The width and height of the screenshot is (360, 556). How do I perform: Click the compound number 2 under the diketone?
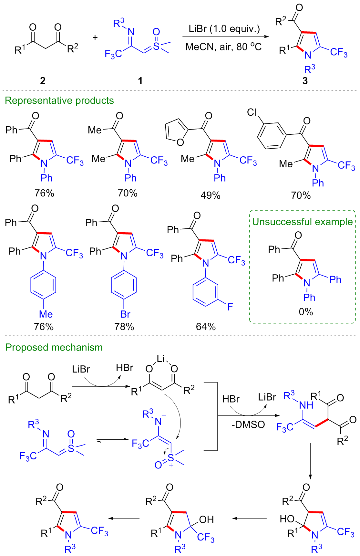(x=43, y=80)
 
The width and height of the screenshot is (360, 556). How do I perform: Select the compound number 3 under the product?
(x=305, y=80)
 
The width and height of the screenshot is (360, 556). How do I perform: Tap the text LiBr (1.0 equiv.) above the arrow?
(x=224, y=29)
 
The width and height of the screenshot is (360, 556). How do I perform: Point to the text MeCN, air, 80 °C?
(x=223, y=47)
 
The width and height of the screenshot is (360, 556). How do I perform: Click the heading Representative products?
(x=59, y=100)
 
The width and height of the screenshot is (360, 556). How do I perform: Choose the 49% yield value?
(x=211, y=195)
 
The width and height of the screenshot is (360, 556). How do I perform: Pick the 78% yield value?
(x=124, y=327)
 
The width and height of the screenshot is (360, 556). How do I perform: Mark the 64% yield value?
(x=206, y=327)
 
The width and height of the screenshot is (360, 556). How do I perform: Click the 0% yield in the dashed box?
(x=306, y=312)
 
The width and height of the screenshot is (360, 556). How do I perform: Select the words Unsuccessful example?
(x=303, y=222)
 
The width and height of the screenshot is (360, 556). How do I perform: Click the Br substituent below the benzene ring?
(x=125, y=314)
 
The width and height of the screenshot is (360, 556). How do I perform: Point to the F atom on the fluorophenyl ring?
(x=230, y=307)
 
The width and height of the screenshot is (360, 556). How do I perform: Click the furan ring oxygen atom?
(x=180, y=142)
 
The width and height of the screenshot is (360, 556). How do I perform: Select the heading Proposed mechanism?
(x=54, y=347)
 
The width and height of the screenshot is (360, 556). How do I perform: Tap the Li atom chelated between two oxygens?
(x=161, y=358)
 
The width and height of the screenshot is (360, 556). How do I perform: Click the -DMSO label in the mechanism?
(x=248, y=424)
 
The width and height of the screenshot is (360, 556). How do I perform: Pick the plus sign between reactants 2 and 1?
(x=95, y=37)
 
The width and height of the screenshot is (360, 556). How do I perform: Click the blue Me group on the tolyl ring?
(x=46, y=314)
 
